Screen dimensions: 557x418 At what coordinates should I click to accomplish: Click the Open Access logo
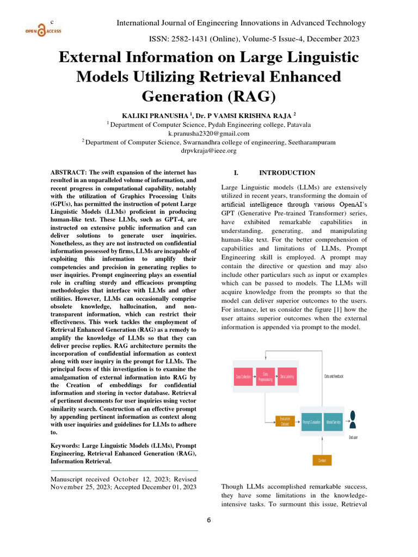(x=42, y=31)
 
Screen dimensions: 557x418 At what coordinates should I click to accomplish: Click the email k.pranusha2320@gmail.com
(x=210, y=133)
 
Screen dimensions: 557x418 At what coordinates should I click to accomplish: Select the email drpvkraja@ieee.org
(x=210, y=151)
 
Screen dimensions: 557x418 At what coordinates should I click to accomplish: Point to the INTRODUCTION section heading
(x=287, y=173)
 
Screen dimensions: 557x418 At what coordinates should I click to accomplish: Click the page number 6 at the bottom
(x=208, y=519)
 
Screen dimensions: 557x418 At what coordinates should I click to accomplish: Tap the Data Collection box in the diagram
(x=243, y=376)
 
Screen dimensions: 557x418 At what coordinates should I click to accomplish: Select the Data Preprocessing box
(x=265, y=376)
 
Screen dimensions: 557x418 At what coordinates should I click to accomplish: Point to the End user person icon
(x=353, y=419)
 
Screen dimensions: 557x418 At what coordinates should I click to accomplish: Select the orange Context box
(x=322, y=460)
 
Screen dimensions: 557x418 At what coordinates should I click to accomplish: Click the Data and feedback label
(x=334, y=376)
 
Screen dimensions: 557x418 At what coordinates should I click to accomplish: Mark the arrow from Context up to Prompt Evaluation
(x=322, y=443)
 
